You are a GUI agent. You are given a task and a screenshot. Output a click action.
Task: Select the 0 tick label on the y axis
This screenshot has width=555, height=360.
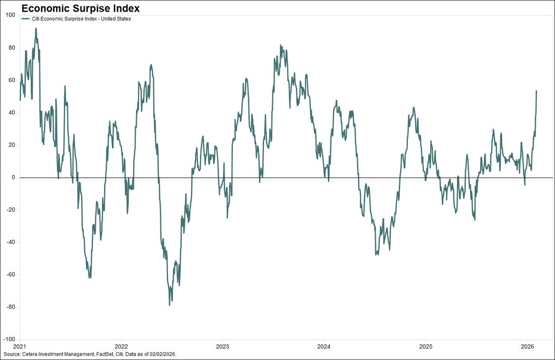(14, 177)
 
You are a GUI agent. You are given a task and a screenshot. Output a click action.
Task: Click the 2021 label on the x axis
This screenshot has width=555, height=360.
(19, 346)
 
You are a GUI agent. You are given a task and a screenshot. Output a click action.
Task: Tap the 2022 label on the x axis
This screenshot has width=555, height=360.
(121, 346)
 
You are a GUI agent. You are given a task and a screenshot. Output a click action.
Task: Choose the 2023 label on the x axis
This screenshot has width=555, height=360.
(222, 346)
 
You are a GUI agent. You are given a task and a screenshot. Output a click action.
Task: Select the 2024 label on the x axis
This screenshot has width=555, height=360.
(324, 346)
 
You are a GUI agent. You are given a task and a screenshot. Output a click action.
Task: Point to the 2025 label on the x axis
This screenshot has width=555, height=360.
(425, 346)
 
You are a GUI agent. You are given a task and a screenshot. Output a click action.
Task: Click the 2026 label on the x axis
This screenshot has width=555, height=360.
(527, 346)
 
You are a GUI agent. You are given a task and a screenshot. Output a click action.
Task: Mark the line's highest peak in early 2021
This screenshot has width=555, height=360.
(36, 28)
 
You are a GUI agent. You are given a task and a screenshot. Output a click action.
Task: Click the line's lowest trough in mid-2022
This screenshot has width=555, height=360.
(170, 305)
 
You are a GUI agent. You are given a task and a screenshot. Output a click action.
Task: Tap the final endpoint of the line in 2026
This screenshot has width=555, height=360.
(536, 91)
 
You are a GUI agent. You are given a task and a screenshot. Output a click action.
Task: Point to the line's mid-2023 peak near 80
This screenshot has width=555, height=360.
(281, 45)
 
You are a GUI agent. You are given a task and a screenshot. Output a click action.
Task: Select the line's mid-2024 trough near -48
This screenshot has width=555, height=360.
(376, 254)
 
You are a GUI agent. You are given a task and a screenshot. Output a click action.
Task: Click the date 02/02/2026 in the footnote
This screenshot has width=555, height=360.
(163, 354)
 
